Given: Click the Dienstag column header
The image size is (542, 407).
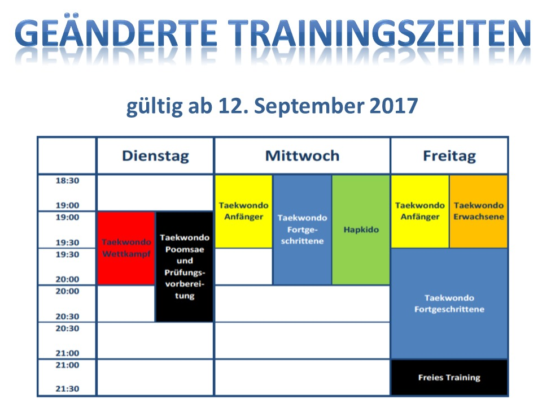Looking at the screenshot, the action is tap(155, 156).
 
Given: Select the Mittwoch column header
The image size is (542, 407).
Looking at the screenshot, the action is tap(302, 156).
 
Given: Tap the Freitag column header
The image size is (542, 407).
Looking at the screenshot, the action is tap(449, 156).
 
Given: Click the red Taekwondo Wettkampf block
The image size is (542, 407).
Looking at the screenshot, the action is tap(126, 248).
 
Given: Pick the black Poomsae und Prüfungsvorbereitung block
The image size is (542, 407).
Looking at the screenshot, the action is tap(185, 266).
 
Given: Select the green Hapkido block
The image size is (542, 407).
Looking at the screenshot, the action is tap(361, 230).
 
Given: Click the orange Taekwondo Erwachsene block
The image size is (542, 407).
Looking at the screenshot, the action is tap(478, 211).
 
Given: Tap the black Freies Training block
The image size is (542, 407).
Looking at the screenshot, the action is tap(449, 377).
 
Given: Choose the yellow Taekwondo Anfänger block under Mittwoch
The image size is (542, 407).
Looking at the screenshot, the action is tap(244, 211).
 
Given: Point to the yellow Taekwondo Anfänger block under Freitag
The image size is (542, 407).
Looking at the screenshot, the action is tap(419, 211).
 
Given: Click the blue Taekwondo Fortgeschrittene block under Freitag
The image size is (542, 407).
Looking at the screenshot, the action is tap(449, 303).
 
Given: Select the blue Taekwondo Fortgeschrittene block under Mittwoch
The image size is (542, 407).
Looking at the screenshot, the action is tap(302, 230).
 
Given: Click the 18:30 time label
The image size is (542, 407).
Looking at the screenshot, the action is tap(67, 181).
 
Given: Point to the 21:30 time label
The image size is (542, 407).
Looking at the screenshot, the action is tap(67, 389).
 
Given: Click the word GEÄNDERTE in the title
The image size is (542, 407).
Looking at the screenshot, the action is tap(116, 33).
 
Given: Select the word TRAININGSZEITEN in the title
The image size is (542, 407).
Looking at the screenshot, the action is tap(379, 33).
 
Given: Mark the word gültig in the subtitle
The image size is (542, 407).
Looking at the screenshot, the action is tap(154, 107).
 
